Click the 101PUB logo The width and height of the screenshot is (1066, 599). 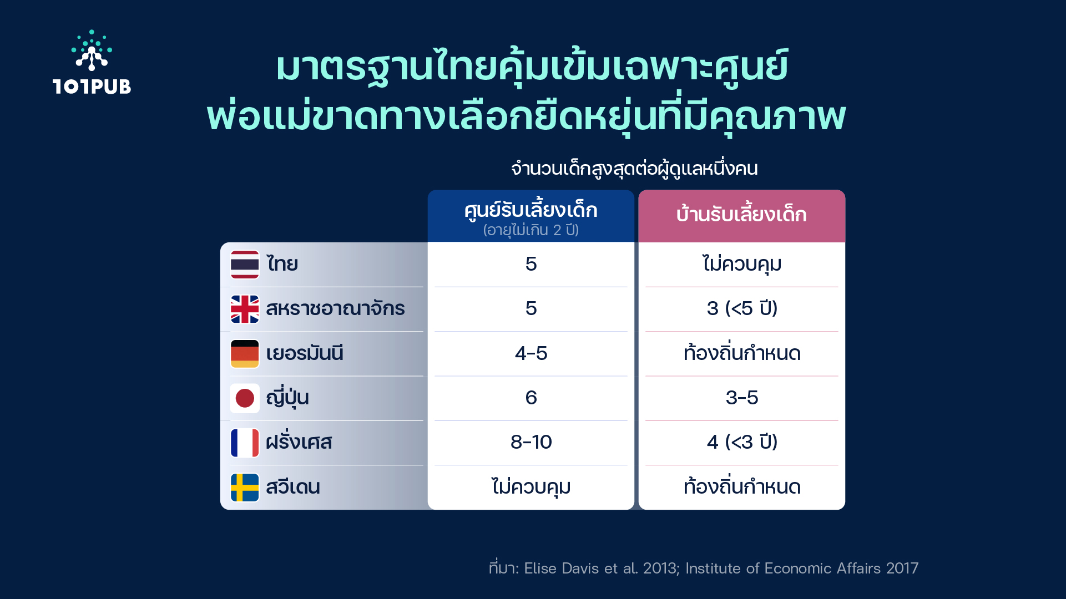pyautogui.click(x=92, y=62)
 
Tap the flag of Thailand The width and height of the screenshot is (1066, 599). pyautogui.click(x=245, y=265)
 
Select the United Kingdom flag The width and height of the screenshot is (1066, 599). pyautogui.click(x=245, y=309)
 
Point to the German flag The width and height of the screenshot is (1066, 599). pyautogui.click(x=245, y=354)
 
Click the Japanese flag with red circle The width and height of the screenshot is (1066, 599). pyautogui.click(x=245, y=398)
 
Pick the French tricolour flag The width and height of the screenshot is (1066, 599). pyautogui.click(x=245, y=443)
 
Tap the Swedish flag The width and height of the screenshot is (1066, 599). pyautogui.click(x=245, y=488)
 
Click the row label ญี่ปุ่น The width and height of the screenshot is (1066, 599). pyautogui.click(x=287, y=397)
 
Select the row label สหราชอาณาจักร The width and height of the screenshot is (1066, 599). pyautogui.click(x=335, y=308)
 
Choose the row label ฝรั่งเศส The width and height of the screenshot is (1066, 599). pyautogui.click(x=299, y=441)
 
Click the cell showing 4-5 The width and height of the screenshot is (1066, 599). pyautogui.click(x=531, y=353)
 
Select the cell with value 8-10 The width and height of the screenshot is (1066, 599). pyautogui.click(x=531, y=442)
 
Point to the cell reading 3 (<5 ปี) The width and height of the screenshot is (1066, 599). pyautogui.click(x=742, y=308)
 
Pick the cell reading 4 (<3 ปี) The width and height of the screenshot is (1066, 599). pyautogui.click(x=742, y=442)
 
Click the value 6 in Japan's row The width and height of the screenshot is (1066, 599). pyautogui.click(x=531, y=398)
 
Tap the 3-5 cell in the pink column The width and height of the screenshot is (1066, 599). pyautogui.click(x=742, y=398)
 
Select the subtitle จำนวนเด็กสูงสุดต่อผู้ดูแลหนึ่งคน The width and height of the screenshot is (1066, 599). pyautogui.click(x=634, y=168)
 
